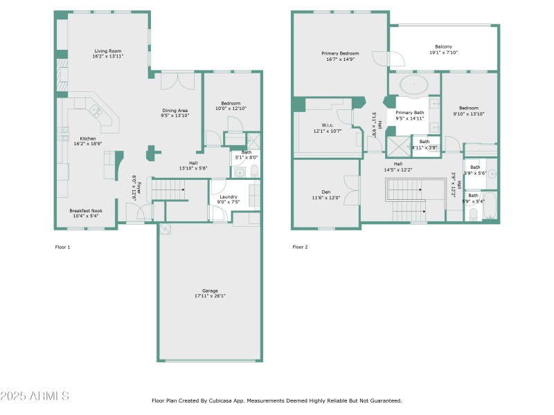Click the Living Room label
[107, 50]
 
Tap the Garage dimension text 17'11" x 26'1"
[210, 296]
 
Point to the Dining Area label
[175, 110]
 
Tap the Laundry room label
[229, 196]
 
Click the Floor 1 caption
[62, 247]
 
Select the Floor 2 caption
[300, 247]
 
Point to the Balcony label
[443, 46]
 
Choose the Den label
[325, 192]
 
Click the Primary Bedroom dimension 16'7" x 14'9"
[340, 59]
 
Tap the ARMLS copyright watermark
[35, 396]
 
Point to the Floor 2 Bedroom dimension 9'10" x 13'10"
[469, 113]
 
